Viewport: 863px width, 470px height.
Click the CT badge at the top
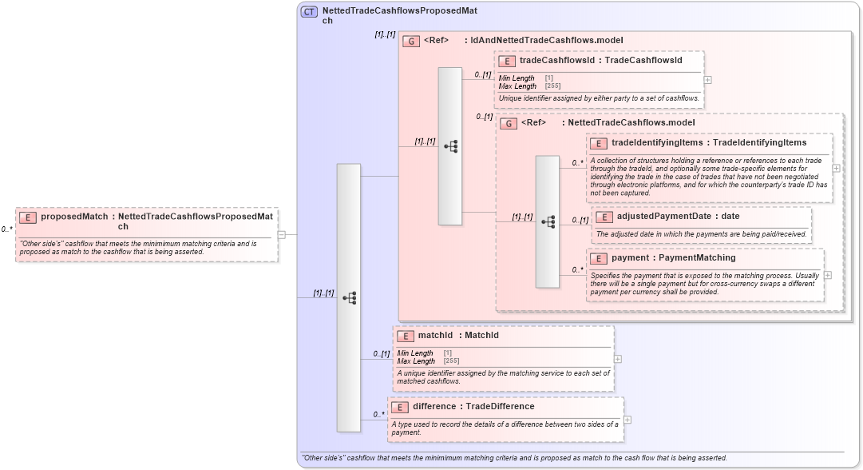coord(309,12)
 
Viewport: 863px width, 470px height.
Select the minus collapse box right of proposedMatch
coord(282,234)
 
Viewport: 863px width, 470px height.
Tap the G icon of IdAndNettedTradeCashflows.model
coord(411,41)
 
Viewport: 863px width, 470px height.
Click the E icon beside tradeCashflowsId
coord(505,61)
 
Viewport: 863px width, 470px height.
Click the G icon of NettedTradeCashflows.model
coord(509,124)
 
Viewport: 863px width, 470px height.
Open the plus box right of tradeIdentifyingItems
coord(836,169)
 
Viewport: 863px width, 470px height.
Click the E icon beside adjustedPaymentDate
coord(604,217)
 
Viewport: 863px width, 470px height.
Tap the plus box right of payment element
coord(827,275)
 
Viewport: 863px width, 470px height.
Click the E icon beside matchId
coord(405,336)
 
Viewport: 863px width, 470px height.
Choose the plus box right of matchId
coord(618,359)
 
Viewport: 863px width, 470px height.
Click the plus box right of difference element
coord(627,420)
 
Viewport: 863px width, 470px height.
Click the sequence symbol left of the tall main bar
coord(349,297)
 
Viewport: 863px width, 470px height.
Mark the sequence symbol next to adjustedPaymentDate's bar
coord(548,221)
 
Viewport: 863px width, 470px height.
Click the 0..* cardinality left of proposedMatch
coord(6,229)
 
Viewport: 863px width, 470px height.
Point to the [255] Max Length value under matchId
coord(451,361)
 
